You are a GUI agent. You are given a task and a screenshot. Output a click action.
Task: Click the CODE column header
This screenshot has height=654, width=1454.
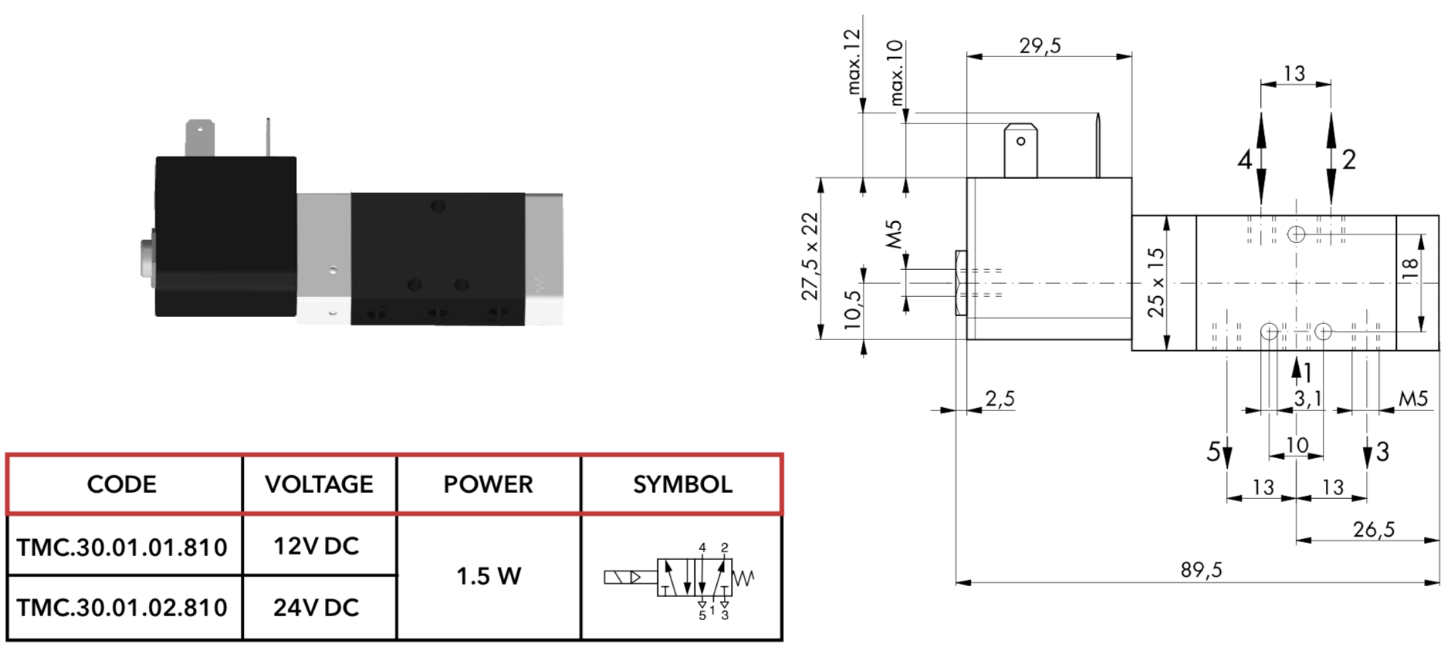(x=122, y=484)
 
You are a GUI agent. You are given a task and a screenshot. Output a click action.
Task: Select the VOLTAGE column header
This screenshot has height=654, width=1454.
(x=319, y=484)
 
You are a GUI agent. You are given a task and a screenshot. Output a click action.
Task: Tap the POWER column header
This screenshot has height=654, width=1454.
(x=488, y=484)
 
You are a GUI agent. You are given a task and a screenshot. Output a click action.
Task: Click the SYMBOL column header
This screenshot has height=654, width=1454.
(x=682, y=484)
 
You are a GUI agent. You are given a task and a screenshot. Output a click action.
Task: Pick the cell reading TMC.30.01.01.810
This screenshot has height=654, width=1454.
(x=122, y=547)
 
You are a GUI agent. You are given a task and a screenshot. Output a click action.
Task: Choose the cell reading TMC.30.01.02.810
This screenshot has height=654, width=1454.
(x=122, y=608)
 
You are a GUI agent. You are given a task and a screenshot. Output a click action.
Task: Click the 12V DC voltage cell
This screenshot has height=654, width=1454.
(x=316, y=546)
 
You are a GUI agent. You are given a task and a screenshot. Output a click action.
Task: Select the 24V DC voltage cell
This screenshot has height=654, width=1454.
(x=316, y=608)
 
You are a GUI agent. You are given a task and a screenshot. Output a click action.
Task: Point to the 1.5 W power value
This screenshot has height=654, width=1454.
(x=489, y=576)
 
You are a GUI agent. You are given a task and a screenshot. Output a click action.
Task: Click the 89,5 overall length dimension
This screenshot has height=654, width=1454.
(x=1202, y=570)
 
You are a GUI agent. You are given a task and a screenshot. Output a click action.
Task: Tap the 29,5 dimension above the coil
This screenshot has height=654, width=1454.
(x=1040, y=46)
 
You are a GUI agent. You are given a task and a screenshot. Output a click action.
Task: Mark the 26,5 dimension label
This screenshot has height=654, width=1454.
(x=1374, y=529)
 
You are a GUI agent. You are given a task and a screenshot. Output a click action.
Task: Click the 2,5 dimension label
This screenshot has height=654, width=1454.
(x=1000, y=399)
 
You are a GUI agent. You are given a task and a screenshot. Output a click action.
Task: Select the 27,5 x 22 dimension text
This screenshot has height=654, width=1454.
(x=810, y=256)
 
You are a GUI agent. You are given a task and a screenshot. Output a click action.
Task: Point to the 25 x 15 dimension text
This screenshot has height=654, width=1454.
(x=1155, y=282)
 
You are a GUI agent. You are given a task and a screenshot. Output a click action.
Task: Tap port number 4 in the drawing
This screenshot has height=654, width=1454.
(x=1244, y=160)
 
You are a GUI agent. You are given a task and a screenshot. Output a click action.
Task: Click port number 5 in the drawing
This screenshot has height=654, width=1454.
(x=1213, y=452)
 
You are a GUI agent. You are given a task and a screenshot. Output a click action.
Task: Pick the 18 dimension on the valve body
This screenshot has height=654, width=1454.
(x=1409, y=267)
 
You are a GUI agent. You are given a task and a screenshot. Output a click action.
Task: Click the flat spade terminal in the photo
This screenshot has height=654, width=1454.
(x=200, y=139)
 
